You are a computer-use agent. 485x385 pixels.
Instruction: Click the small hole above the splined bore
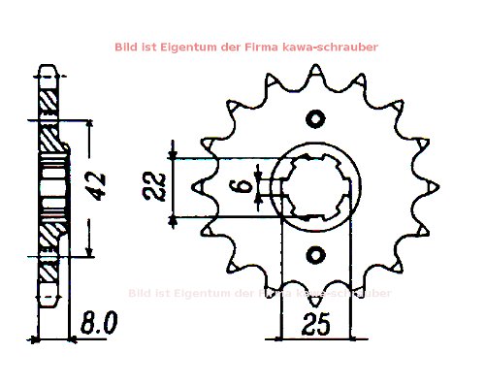tap(314, 118)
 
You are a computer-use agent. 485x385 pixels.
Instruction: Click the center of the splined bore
tap(314, 186)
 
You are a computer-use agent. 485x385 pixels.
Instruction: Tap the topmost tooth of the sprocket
tap(314, 74)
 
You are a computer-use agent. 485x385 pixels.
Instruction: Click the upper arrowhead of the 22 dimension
tap(173, 154)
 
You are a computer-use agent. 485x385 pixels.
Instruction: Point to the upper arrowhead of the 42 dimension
tap(91, 123)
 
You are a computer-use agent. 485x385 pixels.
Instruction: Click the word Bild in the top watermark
tap(126, 46)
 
